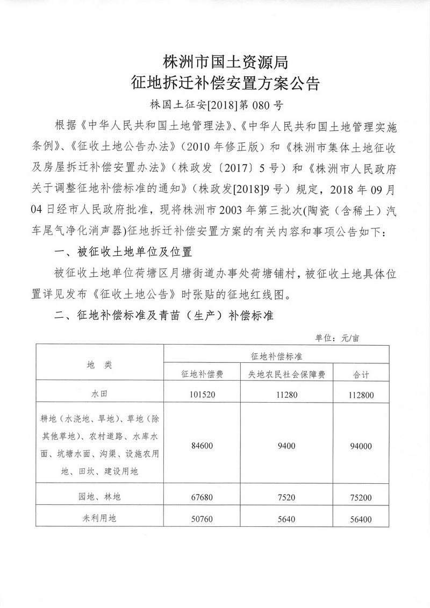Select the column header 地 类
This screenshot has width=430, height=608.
point(99,364)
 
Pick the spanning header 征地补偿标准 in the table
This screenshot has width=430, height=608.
point(277,356)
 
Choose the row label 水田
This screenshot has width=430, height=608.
point(99,394)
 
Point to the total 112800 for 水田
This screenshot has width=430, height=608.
point(363,395)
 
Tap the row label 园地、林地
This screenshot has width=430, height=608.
point(99,497)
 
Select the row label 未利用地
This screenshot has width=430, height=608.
point(99,519)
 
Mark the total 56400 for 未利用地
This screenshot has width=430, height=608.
point(363,519)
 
